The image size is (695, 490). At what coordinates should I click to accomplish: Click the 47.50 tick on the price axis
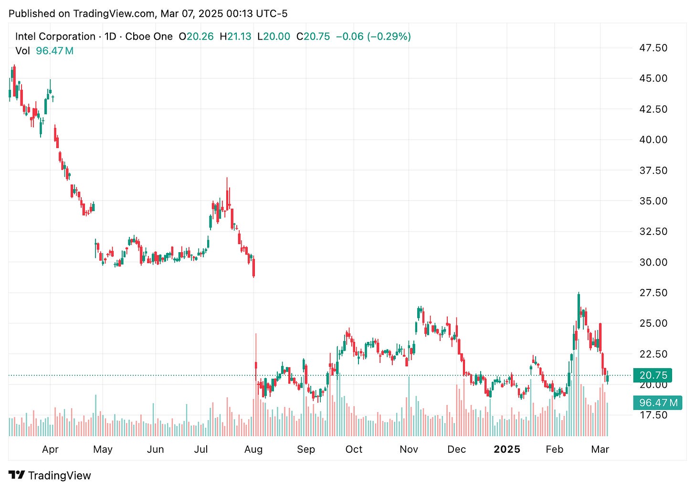coord(653,48)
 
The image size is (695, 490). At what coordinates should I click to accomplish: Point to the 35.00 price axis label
coord(653,201)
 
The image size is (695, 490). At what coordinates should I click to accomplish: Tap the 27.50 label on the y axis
coord(653,293)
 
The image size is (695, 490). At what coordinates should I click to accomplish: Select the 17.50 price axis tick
coord(653,415)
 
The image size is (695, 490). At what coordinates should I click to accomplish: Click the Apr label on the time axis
coord(50,449)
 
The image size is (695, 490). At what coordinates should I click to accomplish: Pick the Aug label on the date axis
coord(253,449)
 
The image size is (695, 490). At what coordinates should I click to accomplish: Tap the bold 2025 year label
coord(507,449)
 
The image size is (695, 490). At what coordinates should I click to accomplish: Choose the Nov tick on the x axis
coord(409,449)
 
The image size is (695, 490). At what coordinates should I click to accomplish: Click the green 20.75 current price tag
coord(653,375)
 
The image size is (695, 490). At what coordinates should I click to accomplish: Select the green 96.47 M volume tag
coord(658,403)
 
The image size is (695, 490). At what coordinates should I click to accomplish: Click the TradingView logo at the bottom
coord(50,475)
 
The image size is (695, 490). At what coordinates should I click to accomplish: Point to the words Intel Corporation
coord(55,36)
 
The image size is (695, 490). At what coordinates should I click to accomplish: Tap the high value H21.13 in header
coord(235,36)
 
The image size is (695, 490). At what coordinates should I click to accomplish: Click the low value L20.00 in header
coord(274,36)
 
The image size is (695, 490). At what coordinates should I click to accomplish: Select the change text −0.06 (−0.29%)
coord(373,36)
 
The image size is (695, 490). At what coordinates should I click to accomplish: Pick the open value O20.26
coord(196,36)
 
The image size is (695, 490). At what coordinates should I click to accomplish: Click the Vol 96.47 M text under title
coord(44,51)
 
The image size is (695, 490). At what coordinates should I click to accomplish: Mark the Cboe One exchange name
coord(149,36)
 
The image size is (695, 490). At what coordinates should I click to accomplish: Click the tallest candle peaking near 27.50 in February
coord(579,310)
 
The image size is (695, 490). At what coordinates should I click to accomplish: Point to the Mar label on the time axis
coord(600,449)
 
